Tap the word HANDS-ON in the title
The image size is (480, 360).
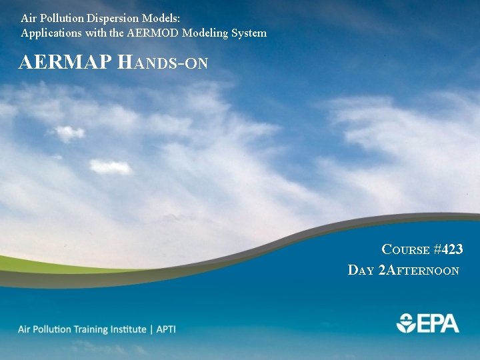point(163,63)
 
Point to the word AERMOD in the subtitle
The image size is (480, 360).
point(156,33)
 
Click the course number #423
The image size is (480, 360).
point(448,249)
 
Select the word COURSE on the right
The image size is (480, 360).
point(405,250)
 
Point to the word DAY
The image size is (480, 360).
point(361,270)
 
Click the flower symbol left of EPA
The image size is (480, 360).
point(406,323)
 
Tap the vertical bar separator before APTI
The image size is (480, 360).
point(151,329)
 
